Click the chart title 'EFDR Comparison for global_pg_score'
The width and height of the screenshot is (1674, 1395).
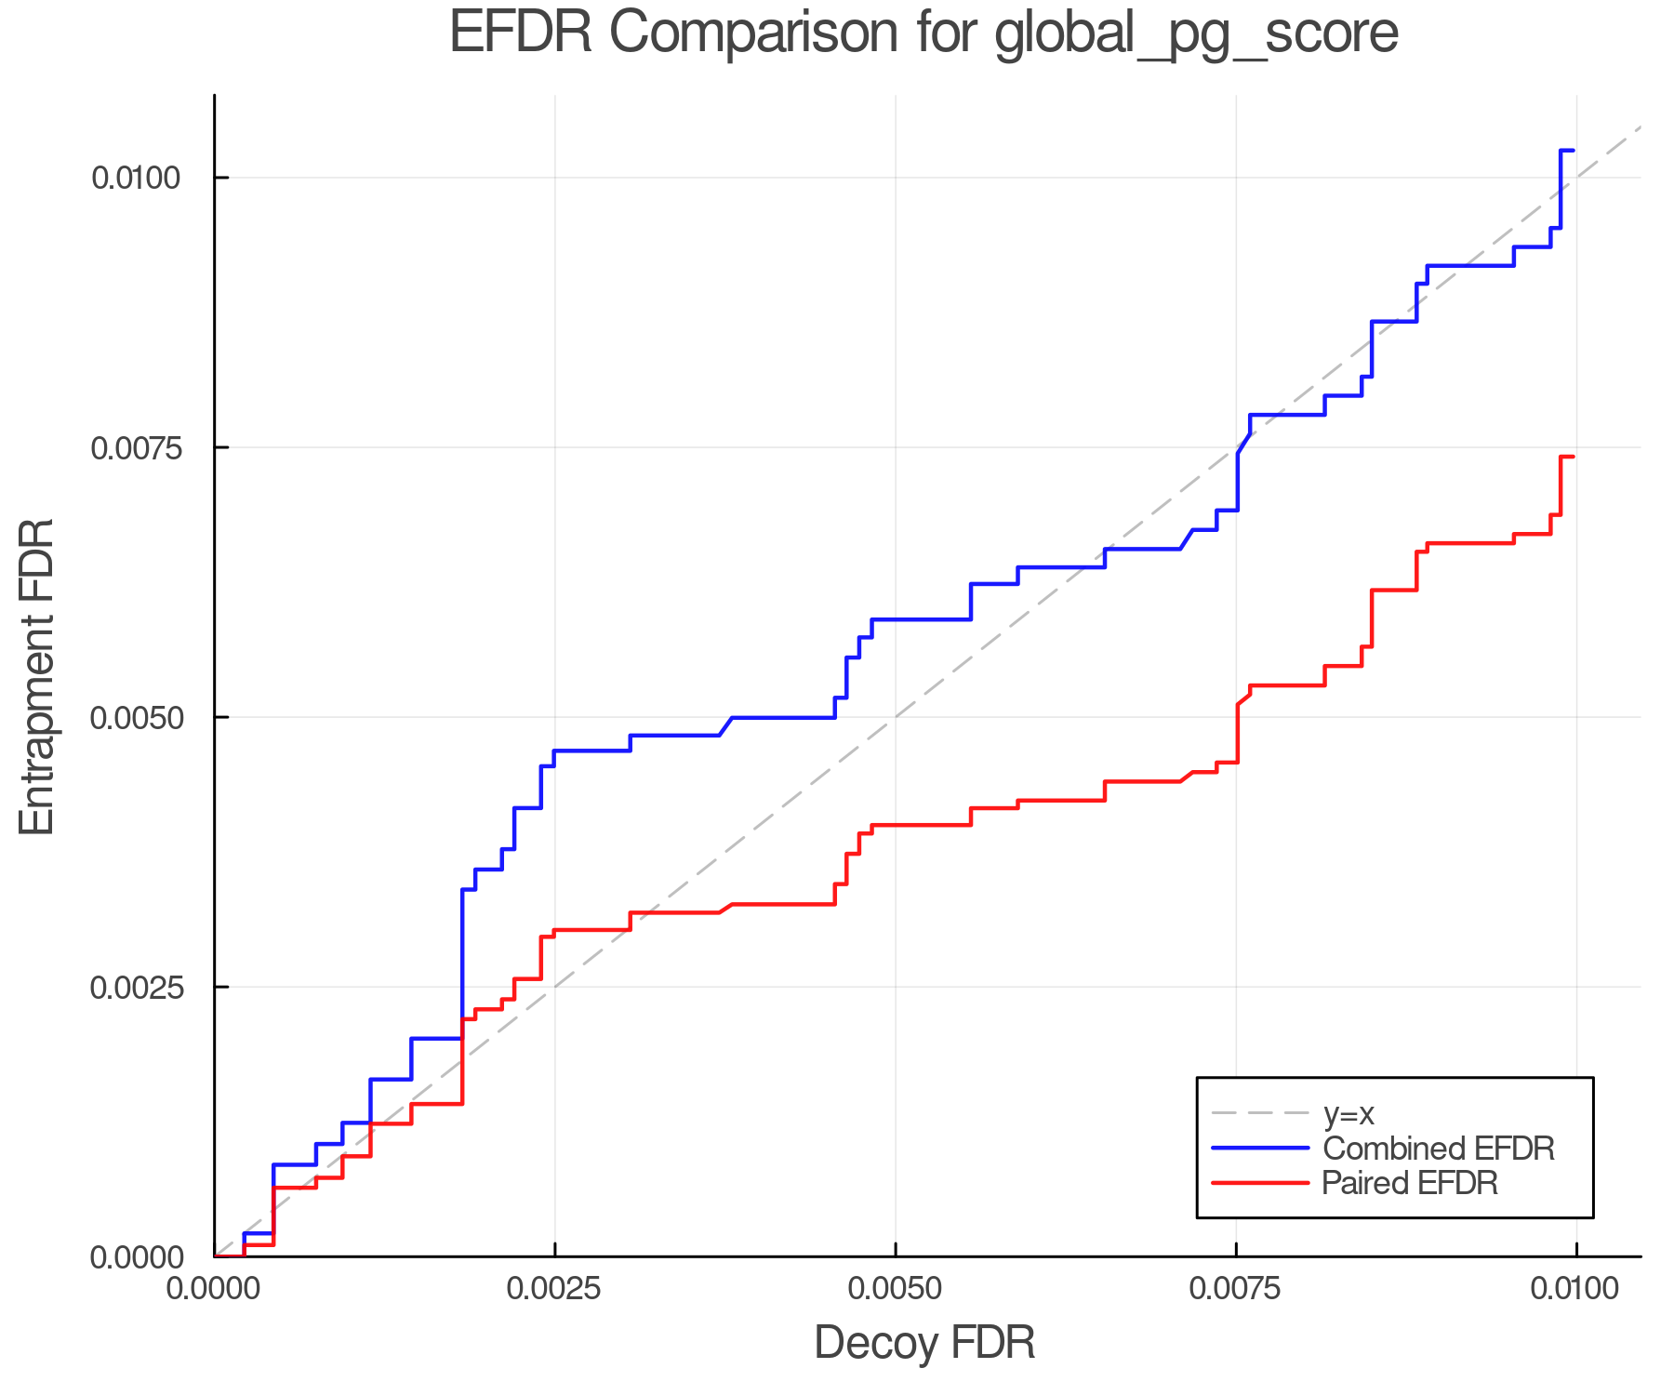click(923, 33)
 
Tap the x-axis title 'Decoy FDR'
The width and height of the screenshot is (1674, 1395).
click(924, 1343)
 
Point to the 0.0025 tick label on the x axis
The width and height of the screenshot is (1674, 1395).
click(554, 1290)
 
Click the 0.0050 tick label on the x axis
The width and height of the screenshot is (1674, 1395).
click(895, 1290)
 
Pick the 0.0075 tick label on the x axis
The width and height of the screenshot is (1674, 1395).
click(1236, 1290)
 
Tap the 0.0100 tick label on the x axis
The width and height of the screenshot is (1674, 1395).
click(1575, 1290)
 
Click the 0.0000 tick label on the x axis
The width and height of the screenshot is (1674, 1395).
click(214, 1290)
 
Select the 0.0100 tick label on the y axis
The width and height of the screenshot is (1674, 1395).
click(136, 178)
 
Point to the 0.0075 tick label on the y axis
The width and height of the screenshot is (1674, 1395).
click(136, 447)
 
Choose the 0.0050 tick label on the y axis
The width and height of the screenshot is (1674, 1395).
click(136, 717)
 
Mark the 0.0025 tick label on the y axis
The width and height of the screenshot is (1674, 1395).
click(136, 987)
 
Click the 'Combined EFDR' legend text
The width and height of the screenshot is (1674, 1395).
click(1438, 1149)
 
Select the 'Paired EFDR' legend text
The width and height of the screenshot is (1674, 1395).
click(1410, 1183)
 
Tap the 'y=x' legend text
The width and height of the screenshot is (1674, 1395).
click(1348, 1113)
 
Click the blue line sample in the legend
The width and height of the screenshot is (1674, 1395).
click(1260, 1149)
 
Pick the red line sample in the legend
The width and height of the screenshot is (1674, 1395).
click(1260, 1183)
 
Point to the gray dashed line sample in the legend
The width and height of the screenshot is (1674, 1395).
click(1260, 1113)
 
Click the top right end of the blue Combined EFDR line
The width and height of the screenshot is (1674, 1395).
click(1573, 150)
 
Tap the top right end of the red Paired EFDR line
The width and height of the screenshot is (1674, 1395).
click(1573, 457)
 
